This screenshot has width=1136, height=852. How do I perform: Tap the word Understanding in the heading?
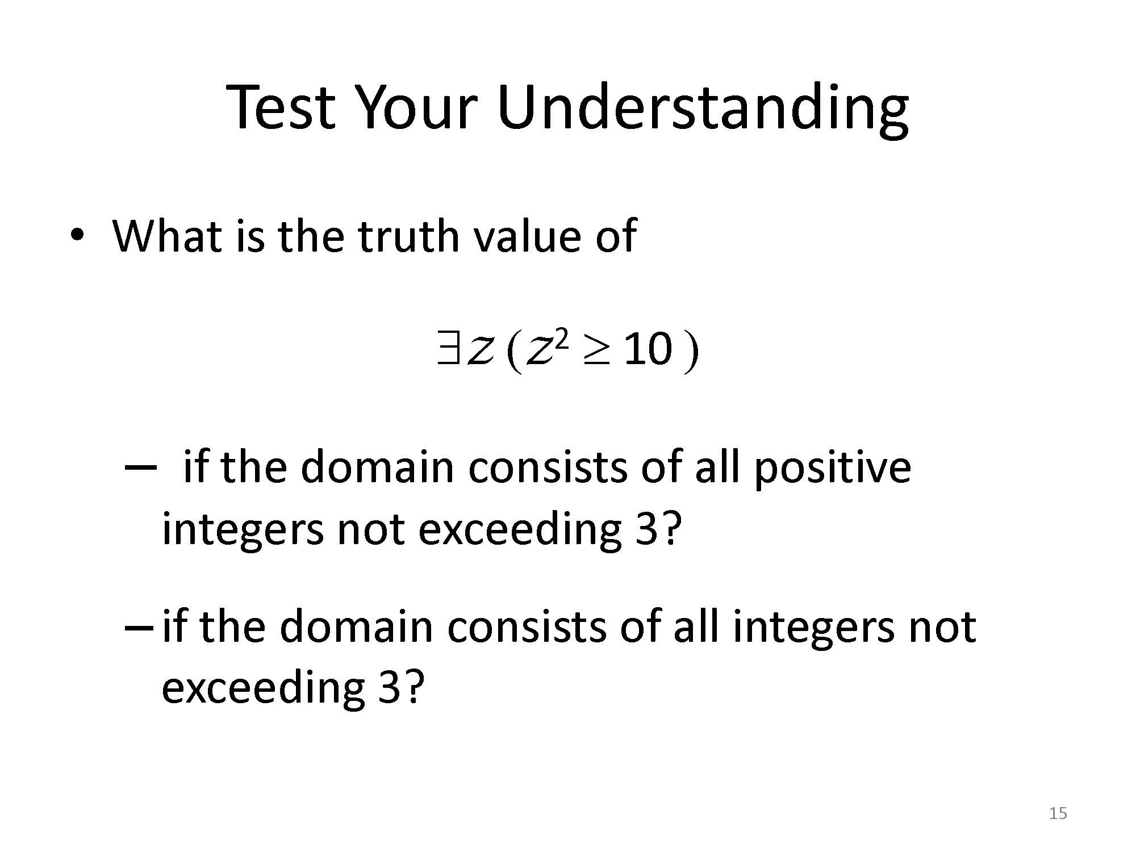703,111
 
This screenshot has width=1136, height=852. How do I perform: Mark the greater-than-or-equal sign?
594,350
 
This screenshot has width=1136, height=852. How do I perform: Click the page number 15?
1058,813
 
